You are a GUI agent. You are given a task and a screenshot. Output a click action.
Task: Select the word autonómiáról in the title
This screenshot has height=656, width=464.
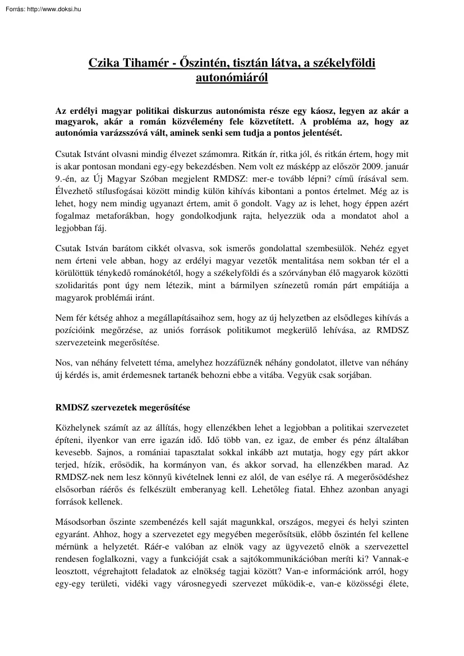[232, 78]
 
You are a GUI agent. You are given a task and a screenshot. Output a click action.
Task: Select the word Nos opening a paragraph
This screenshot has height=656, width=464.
[63, 362]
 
